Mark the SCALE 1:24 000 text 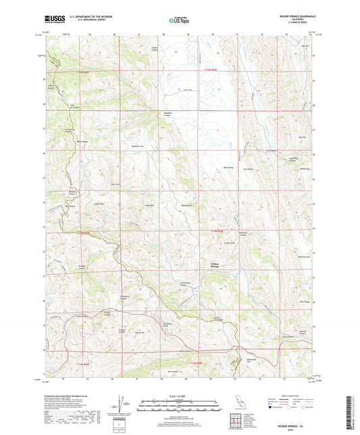179,395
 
